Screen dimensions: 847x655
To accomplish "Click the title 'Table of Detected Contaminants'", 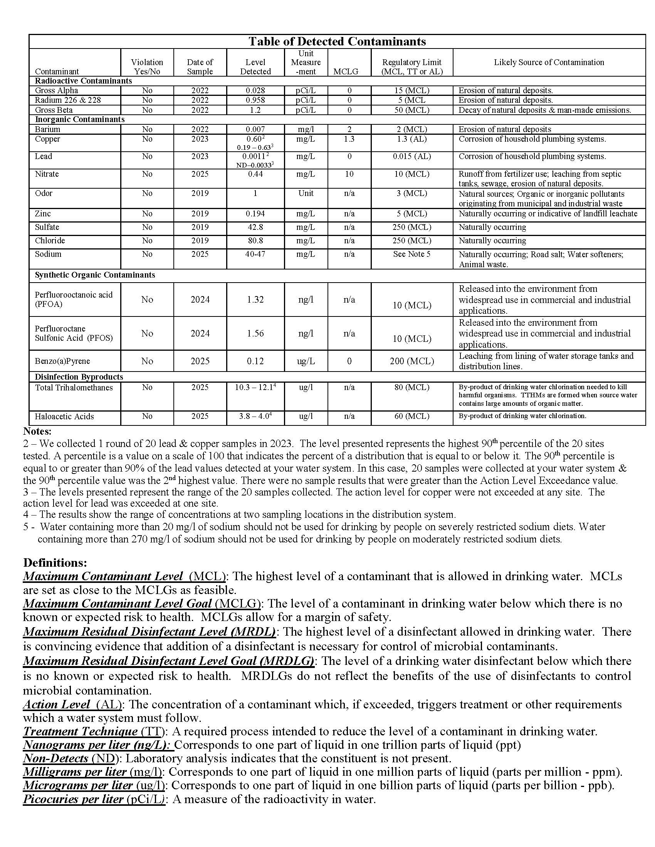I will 337,42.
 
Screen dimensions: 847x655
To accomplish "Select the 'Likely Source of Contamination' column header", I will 549,62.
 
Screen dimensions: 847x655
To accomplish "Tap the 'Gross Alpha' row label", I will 56,90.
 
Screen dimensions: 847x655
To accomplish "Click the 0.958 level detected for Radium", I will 255,100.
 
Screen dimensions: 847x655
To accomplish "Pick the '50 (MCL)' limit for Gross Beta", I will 412,110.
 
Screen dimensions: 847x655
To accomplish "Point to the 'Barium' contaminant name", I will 47,129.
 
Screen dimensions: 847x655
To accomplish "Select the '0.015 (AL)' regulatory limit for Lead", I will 412,156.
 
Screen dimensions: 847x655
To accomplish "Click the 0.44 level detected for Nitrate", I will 255,174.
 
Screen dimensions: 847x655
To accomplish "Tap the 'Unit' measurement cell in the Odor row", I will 306,193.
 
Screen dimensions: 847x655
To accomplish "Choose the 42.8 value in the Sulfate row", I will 255,227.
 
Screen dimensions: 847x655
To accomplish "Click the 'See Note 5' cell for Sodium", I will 412,254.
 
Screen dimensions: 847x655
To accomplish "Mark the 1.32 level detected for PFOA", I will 255,300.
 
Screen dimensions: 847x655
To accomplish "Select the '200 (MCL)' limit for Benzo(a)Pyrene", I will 412,361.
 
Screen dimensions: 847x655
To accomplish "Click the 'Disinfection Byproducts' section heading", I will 79,377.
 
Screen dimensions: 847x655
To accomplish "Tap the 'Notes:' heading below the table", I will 37,431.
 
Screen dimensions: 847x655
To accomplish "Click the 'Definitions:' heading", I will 55,563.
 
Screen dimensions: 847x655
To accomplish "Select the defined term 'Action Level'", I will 57,704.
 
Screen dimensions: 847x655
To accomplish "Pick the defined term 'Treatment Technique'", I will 80,731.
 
